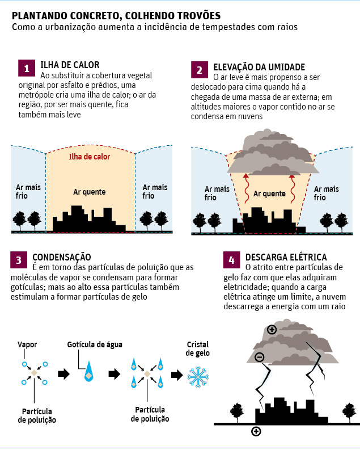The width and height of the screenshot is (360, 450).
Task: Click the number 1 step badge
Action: pos(27,68)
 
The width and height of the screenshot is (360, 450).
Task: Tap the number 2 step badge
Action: pos(200,70)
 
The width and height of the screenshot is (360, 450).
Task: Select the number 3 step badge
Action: pos(19,260)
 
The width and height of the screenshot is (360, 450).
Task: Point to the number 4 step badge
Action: pos(232,260)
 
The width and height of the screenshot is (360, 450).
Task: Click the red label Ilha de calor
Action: pos(90,157)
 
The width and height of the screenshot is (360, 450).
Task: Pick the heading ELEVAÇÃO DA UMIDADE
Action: pos(259,67)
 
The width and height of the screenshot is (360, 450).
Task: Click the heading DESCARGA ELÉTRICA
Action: pos(286,257)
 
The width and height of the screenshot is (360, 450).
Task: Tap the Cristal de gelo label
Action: pos(197,348)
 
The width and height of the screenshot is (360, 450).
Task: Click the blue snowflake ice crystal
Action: pos(198,377)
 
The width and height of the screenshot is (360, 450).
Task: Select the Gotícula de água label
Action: pos(95,344)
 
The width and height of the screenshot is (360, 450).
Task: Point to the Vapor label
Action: pos(27,344)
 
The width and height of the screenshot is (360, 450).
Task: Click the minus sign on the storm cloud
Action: pos(260,358)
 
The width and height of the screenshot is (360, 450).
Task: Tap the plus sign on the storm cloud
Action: pos(272,330)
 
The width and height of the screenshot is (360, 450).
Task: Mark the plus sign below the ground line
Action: pos(256,431)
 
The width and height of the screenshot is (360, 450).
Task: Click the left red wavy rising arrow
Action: pos(246,188)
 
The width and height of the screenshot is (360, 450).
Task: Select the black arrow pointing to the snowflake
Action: pos(177,375)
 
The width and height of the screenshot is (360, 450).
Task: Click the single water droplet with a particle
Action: pos(89,372)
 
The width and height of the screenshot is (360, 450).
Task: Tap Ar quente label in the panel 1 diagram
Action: pos(90,192)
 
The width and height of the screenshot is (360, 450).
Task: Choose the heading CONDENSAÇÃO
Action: pos(62,257)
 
